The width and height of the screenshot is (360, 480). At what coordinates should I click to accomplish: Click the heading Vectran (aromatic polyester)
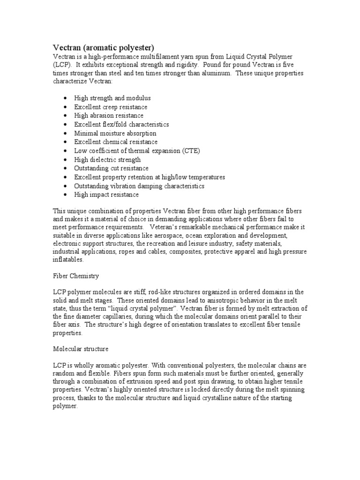102,47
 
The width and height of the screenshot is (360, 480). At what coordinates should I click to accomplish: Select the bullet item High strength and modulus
112,98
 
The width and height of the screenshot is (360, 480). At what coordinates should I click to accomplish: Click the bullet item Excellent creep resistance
111,107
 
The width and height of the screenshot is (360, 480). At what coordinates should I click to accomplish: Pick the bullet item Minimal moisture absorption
115,133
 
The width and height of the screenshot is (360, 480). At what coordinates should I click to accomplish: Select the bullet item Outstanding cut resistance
111,168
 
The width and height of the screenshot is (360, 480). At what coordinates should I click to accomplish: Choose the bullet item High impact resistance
106,195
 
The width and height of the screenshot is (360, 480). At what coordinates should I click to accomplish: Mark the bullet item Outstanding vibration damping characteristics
139,186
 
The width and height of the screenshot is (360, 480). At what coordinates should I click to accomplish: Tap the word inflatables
68,260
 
